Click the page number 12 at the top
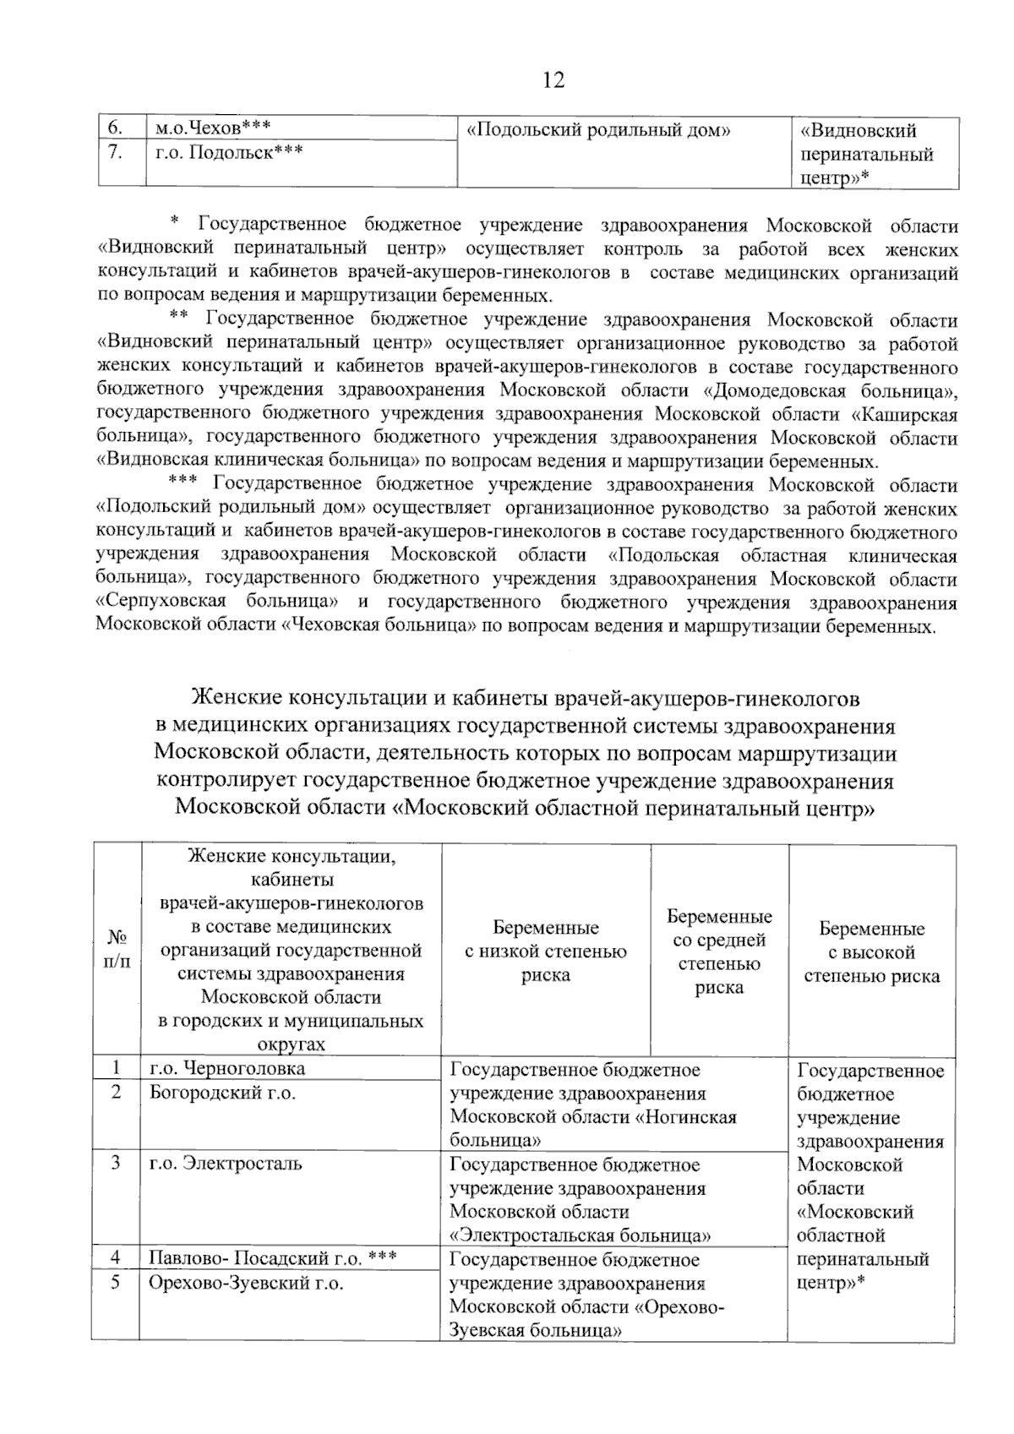click(553, 80)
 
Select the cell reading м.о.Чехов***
click(213, 128)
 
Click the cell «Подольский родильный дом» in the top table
click(598, 130)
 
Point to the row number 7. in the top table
click(116, 152)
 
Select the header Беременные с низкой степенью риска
click(546, 951)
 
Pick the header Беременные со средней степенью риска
click(719, 951)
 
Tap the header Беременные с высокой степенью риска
click(871, 951)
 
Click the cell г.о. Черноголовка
click(227, 1068)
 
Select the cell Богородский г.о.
click(222, 1092)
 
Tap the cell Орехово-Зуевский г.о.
click(246, 1282)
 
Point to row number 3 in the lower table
click(116, 1163)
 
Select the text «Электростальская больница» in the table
click(580, 1235)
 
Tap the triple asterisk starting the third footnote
click(183, 483)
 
